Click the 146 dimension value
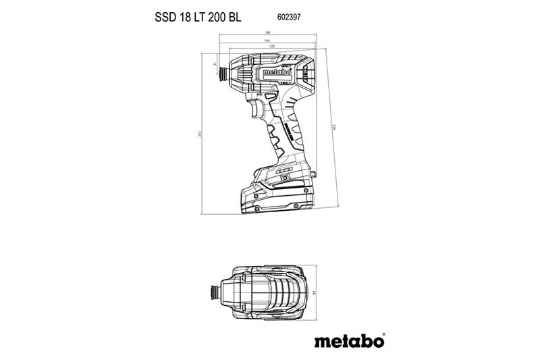click(x=267, y=34)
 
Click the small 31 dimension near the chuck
click(x=215, y=64)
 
